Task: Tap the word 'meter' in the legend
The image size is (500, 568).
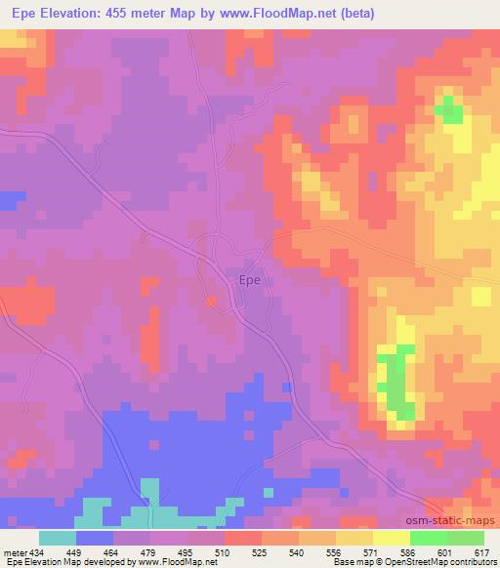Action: click(14, 552)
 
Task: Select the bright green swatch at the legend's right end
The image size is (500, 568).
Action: click(465, 538)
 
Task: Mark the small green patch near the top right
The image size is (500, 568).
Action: click(448, 109)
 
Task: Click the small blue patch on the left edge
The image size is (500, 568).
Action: click(10, 200)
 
